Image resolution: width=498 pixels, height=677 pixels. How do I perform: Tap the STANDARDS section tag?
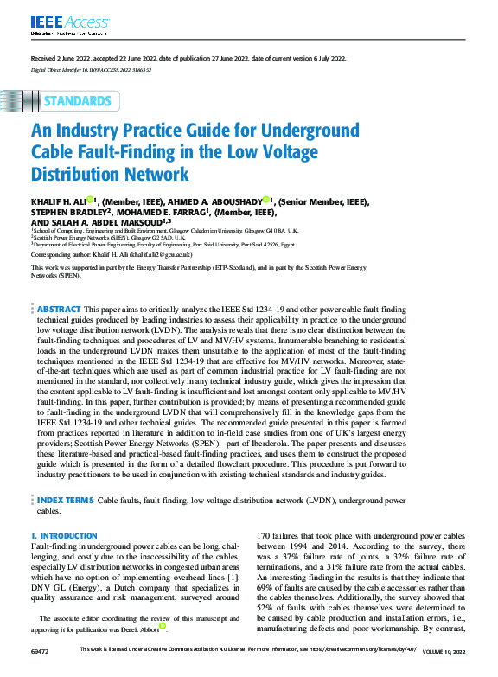click(77, 101)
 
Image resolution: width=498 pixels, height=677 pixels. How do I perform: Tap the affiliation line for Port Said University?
click(173, 244)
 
